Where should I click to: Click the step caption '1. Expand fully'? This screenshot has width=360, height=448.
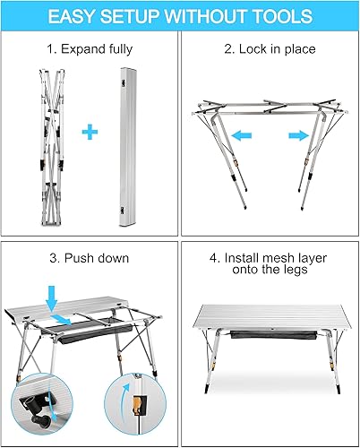point(90,48)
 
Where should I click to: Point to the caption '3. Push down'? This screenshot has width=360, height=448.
point(90,259)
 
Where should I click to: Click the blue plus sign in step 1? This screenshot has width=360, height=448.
point(89,134)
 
